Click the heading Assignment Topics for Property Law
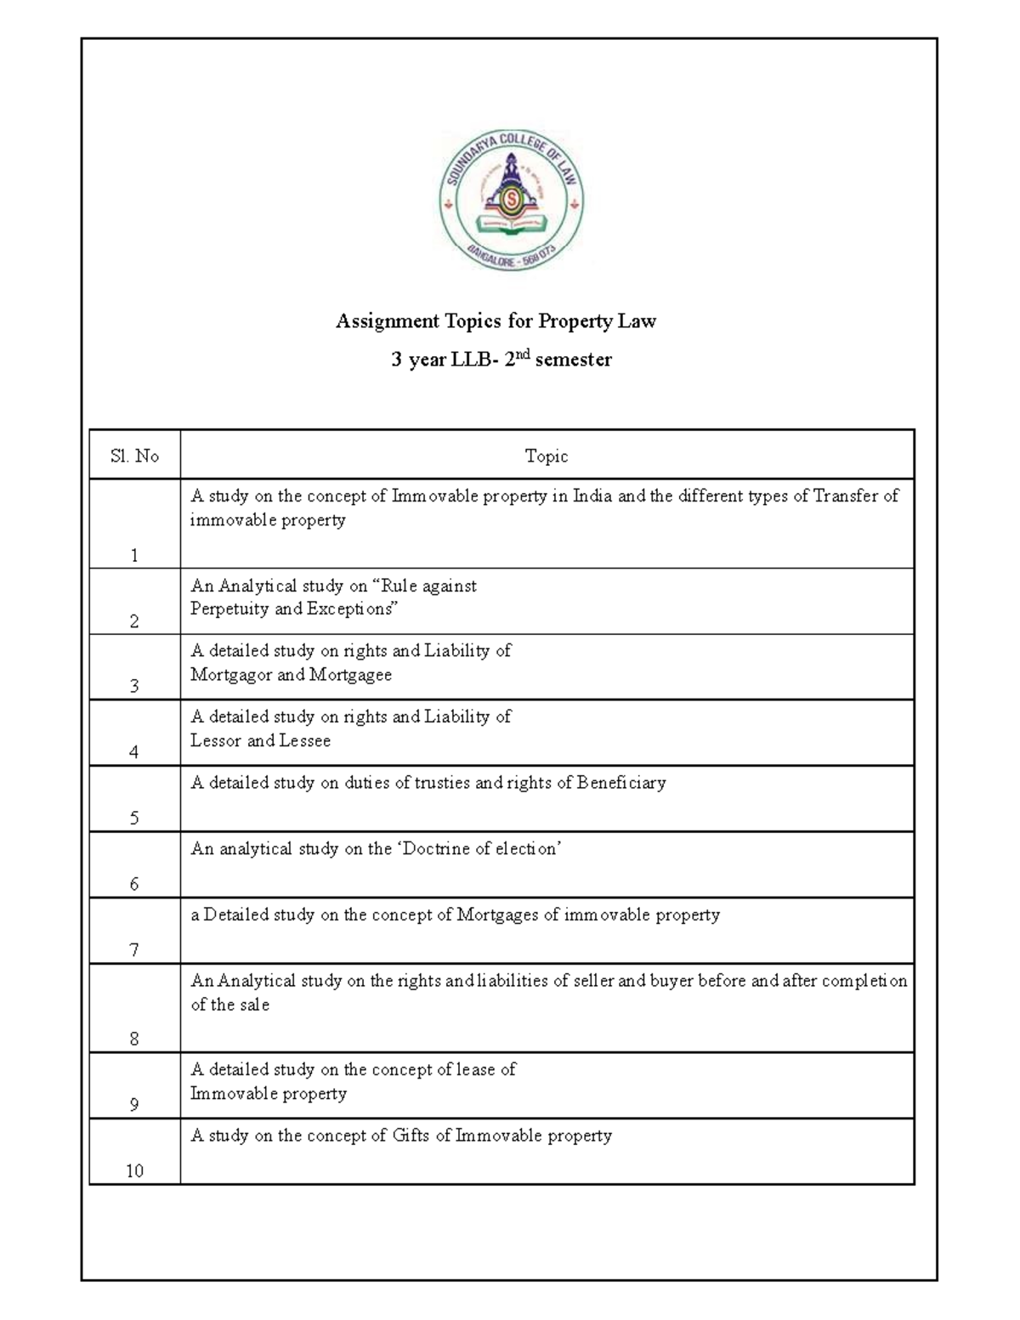(x=496, y=321)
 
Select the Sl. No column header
(x=134, y=456)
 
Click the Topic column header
(x=547, y=456)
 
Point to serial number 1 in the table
(x=134, y=556)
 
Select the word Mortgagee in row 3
(x=350, y=675)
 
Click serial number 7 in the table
(x=134, y=950)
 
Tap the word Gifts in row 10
(x=411, y=1136)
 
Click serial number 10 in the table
(x=134, y=1171)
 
